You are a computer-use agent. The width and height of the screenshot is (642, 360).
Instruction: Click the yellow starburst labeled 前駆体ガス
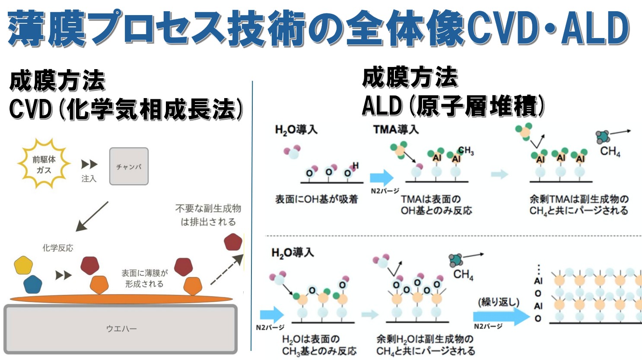tap(44, 165)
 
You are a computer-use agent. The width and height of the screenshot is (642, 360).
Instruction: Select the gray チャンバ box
tap(129, 166)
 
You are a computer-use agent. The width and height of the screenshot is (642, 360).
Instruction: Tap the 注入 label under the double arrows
tap(89, 178)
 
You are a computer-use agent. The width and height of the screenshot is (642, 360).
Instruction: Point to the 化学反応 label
tap(58, 248)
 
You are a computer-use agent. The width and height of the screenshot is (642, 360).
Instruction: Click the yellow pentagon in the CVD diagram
tap(23, 265)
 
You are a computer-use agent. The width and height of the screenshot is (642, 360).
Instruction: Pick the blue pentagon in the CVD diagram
tap(33, 284)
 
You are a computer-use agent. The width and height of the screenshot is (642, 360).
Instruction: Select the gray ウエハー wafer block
tap(121, 329)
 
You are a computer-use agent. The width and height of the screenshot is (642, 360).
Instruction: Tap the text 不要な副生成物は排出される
tap(208, 215)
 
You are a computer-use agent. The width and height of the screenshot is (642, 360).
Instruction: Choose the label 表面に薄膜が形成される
tap(144, 278)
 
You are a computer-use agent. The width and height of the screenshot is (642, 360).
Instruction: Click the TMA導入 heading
tap(396, 129)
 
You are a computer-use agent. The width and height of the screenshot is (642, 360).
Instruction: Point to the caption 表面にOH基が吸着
tap(317, 199)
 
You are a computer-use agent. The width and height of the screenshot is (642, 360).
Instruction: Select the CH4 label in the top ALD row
tap(610, 152)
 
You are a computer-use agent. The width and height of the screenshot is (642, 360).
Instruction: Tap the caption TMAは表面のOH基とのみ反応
tap(436, 205)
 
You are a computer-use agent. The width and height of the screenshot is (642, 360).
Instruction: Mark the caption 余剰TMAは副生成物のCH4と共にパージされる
tap(579, 205)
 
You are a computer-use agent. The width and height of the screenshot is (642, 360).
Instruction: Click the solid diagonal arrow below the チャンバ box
tap(92, 216)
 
